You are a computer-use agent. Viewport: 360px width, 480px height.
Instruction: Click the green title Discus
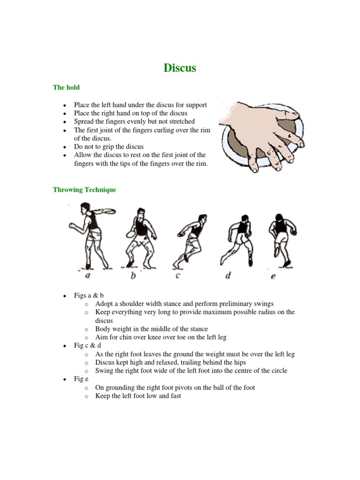180,68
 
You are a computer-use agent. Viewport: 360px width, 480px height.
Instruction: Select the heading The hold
66,88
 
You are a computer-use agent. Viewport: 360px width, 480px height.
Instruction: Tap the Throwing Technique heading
84,190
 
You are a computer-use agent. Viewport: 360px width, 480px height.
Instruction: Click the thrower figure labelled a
90,234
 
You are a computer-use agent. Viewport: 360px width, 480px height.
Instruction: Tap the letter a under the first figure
88,276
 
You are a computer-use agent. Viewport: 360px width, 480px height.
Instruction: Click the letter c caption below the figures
178,276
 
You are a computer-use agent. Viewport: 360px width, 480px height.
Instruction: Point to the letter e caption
273,276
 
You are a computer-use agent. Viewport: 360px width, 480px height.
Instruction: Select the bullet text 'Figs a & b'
89,295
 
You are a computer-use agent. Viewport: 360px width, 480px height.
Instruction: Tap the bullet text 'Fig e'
82,379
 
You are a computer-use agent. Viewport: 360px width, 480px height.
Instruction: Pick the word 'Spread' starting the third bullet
84,121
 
